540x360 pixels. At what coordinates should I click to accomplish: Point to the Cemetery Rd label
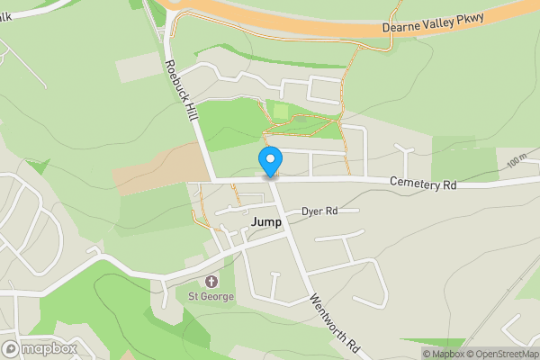point(423,184)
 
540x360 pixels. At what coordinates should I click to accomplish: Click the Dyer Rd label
point(319,211)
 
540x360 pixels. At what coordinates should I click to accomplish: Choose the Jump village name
point(265,221)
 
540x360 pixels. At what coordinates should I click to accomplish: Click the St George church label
point(211,297)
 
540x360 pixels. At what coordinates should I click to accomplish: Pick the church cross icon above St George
point(211,283)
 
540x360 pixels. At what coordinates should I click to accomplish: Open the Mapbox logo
point(39,348)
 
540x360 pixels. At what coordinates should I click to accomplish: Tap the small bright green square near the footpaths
point(281,111)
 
